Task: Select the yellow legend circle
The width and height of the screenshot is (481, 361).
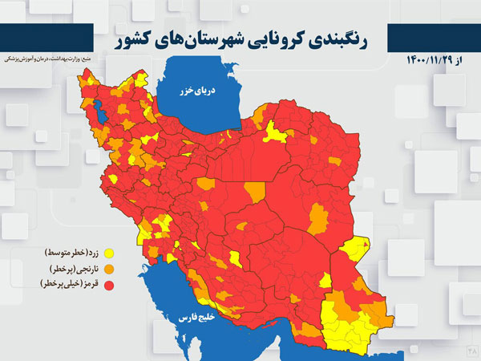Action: [x=109, y=254]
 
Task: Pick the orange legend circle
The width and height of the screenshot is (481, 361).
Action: [x=109, y=269]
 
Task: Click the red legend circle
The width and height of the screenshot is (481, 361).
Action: [x=109, y=284]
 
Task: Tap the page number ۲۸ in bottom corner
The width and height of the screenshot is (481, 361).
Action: [x=472, y=351]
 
